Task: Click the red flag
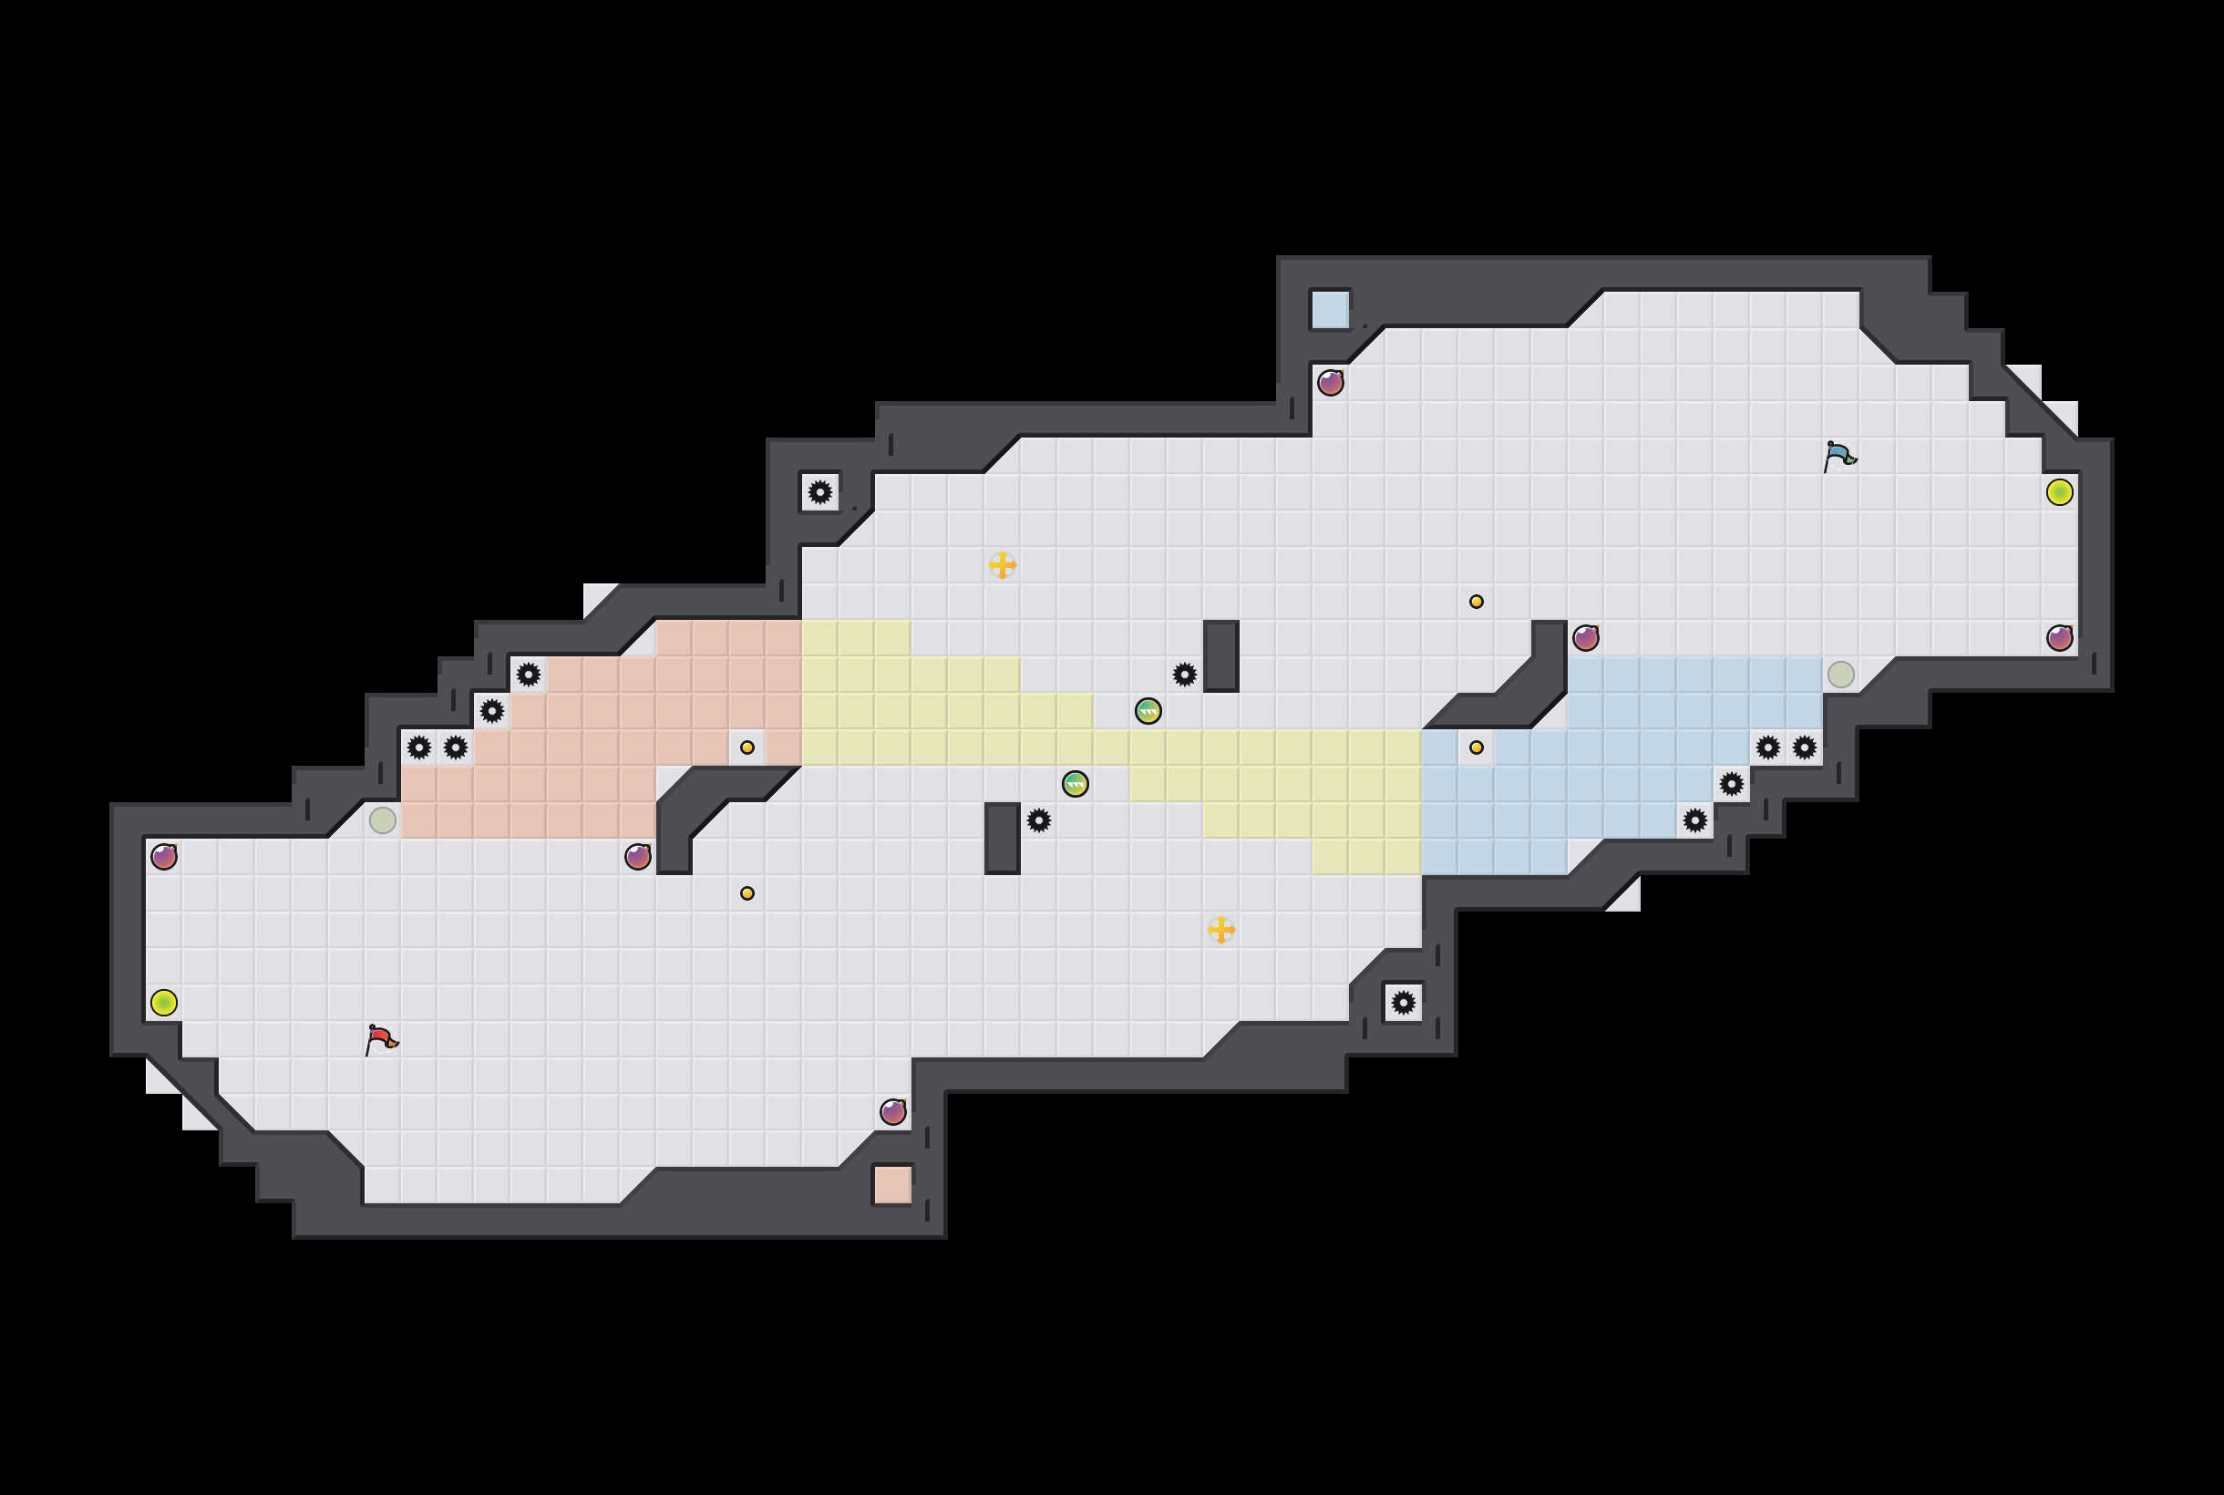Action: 381,1038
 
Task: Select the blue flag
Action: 1838,456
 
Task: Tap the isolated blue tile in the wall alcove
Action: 1330,310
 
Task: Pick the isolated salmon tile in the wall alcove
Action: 892,1184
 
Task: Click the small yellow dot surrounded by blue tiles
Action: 1476,747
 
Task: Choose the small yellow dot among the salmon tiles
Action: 747,747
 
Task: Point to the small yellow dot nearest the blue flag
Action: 1476,602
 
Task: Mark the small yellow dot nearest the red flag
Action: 747,893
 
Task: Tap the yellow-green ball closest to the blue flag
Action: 2059,492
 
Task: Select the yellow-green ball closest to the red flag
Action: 164,1002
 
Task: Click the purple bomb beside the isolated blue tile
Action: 1331,383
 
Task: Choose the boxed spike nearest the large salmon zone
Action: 819,492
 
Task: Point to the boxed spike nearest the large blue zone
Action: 1404,1002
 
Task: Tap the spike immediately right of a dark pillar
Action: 1039,820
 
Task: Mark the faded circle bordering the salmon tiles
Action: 382,820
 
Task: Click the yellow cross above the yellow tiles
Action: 1002,565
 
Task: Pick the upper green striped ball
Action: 1148,711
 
